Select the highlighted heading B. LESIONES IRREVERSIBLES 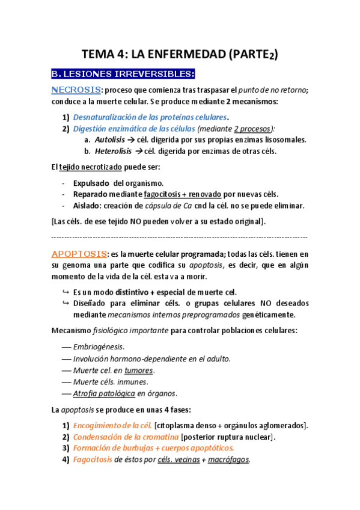tap(123, 74)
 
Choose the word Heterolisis tap(114, 151)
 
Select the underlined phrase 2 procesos tap(252, 128)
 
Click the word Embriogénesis tap(99, 347)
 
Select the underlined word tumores tap(139, 370)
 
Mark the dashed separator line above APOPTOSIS tap(180, 237)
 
